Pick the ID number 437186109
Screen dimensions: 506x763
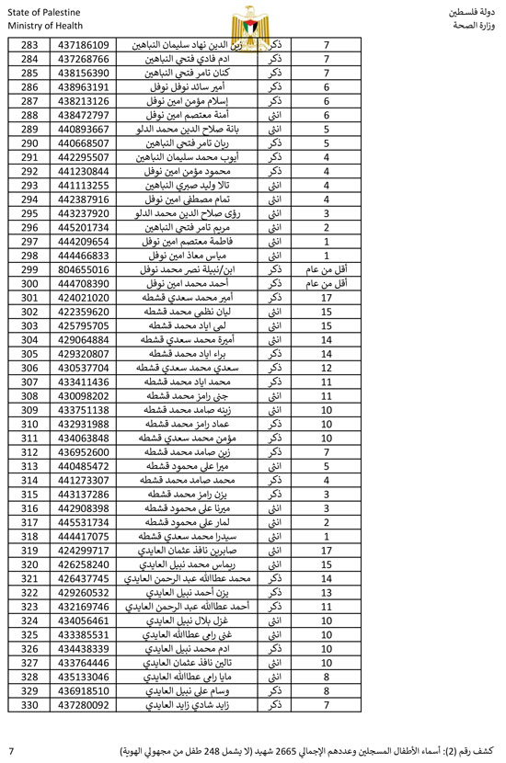tap(83, 44)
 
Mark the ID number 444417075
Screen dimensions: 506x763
tap(83, 537)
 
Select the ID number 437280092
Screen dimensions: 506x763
tap(83, 706)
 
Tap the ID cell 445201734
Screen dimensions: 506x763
tap(83, 227)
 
